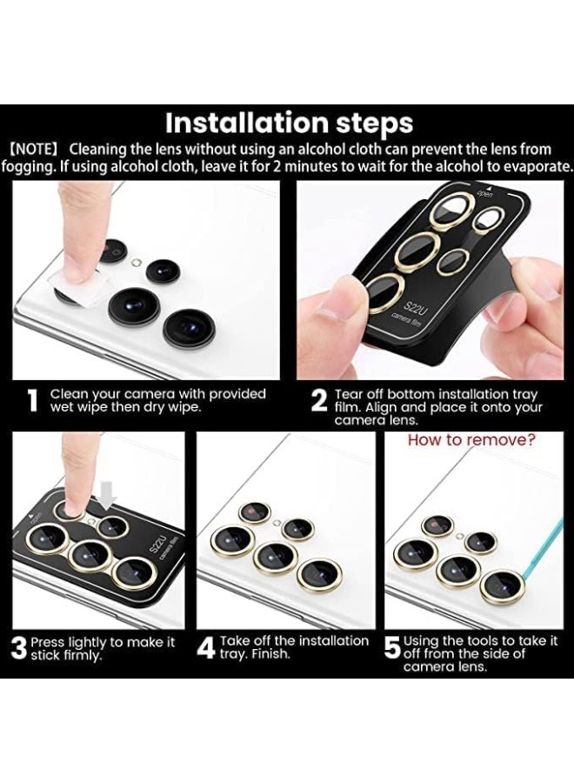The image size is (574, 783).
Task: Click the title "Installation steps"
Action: (x=289, y=123)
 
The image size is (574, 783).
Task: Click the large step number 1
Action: (x=33, y=401)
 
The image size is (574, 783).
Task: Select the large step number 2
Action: (x=319, y=401)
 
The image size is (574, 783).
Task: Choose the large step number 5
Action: (x=393, y=647)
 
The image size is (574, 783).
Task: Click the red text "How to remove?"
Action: (x=471, y=440)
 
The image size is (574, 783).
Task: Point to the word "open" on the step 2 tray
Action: (x=484, y=193)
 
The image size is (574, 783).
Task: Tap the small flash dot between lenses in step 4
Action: (x=277, y=523)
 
